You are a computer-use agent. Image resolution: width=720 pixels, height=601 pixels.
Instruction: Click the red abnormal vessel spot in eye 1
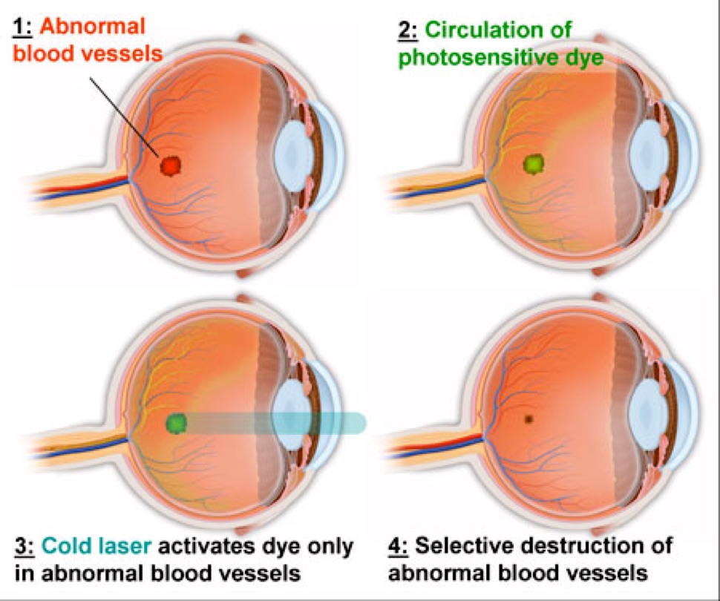171,165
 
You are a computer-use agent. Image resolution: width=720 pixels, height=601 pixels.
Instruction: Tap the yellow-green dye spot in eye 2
534,163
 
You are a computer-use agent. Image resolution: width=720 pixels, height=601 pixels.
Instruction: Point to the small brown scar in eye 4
528,418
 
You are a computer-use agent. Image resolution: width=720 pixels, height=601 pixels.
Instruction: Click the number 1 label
22,27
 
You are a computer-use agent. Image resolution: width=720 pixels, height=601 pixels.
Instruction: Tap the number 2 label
408,31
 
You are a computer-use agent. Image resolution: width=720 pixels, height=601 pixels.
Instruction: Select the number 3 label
24,547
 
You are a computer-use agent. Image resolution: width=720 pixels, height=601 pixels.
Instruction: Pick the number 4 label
399,546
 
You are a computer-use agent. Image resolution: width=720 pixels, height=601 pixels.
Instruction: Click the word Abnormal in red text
92,27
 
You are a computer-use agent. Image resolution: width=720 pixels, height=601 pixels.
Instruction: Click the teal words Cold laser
96,546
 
